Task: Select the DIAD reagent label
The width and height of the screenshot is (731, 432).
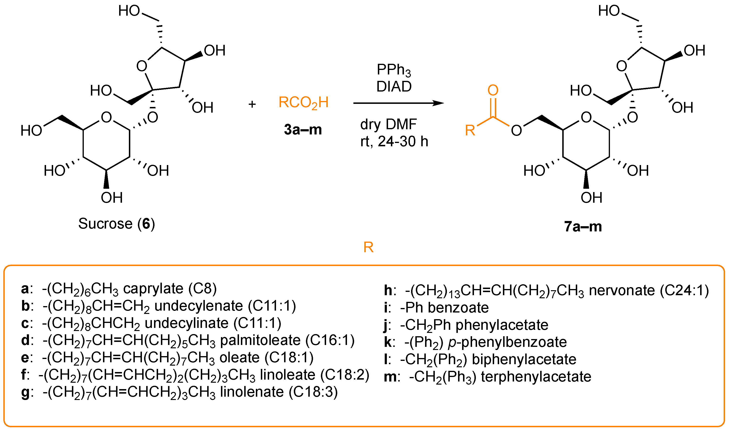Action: (x=394, y=87)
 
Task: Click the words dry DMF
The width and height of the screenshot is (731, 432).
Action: (x=388, y=124)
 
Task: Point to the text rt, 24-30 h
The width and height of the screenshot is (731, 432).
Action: (x=394, y=142)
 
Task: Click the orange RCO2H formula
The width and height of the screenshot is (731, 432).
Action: (x=303, y=103)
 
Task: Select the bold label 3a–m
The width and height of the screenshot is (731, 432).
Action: (x=303, y=129)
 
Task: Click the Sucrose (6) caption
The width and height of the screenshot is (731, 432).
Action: (x=117, y=224)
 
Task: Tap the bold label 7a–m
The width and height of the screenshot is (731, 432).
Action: (x=583, y=227)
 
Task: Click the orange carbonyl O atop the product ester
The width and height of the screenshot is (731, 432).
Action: (x=493, y=90)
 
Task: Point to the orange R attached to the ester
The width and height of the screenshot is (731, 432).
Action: (x=470, y=130)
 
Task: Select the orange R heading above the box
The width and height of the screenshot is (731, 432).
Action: (x=368, y=248)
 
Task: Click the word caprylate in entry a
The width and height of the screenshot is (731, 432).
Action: (x=153, y=289)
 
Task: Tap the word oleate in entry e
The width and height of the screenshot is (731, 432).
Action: (x=239, y=358)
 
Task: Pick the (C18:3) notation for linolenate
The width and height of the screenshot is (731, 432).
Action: (x=313, y=392)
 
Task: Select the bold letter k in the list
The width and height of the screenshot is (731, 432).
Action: (x=388, y=342)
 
